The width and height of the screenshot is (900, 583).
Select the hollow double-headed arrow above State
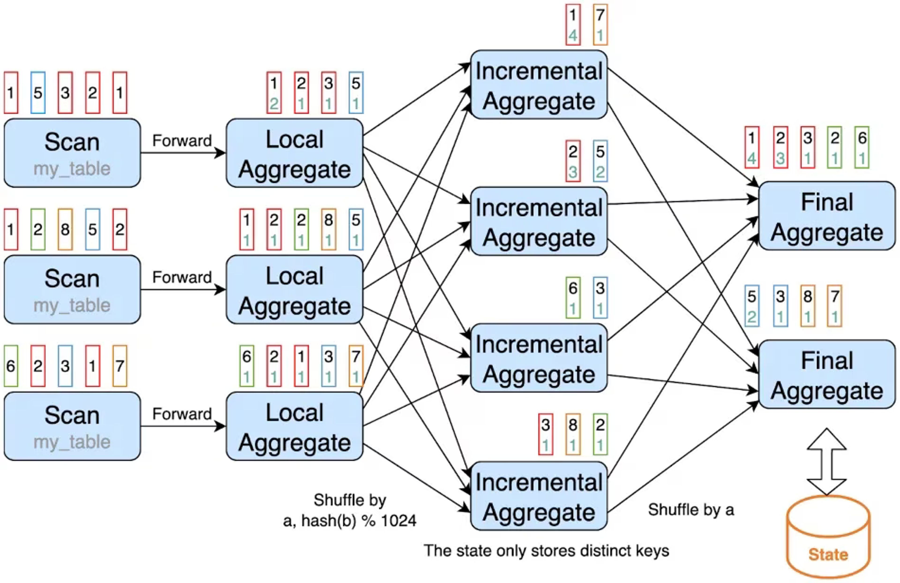[827, 462]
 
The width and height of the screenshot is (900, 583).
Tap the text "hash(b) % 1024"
[359, 521]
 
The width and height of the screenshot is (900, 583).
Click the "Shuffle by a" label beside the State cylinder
[691, 510]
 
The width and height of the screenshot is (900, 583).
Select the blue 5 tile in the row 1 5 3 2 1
[38, 93]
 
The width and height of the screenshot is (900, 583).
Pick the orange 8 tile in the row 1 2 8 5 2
[65, 229]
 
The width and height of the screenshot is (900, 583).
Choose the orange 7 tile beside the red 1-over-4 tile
[600, 25]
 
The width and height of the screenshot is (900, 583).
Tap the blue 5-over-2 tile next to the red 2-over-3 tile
[600, 161]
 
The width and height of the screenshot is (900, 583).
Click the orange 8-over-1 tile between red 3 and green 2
[573, 434]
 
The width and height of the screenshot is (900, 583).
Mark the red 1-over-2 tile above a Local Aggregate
[274, 93]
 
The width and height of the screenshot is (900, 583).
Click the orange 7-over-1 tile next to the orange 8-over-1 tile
[835, 306]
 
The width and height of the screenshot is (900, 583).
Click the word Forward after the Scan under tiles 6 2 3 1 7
[182, 414]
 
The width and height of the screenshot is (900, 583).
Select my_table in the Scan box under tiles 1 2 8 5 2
[72, 305]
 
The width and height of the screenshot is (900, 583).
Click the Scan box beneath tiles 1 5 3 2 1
[72, 153]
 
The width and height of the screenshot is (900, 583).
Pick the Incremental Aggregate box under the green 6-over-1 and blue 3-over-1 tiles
[539, 358]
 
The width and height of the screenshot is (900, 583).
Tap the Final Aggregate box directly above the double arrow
[827, 374]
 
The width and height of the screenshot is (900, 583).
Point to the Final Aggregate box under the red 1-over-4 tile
[827, 216]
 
